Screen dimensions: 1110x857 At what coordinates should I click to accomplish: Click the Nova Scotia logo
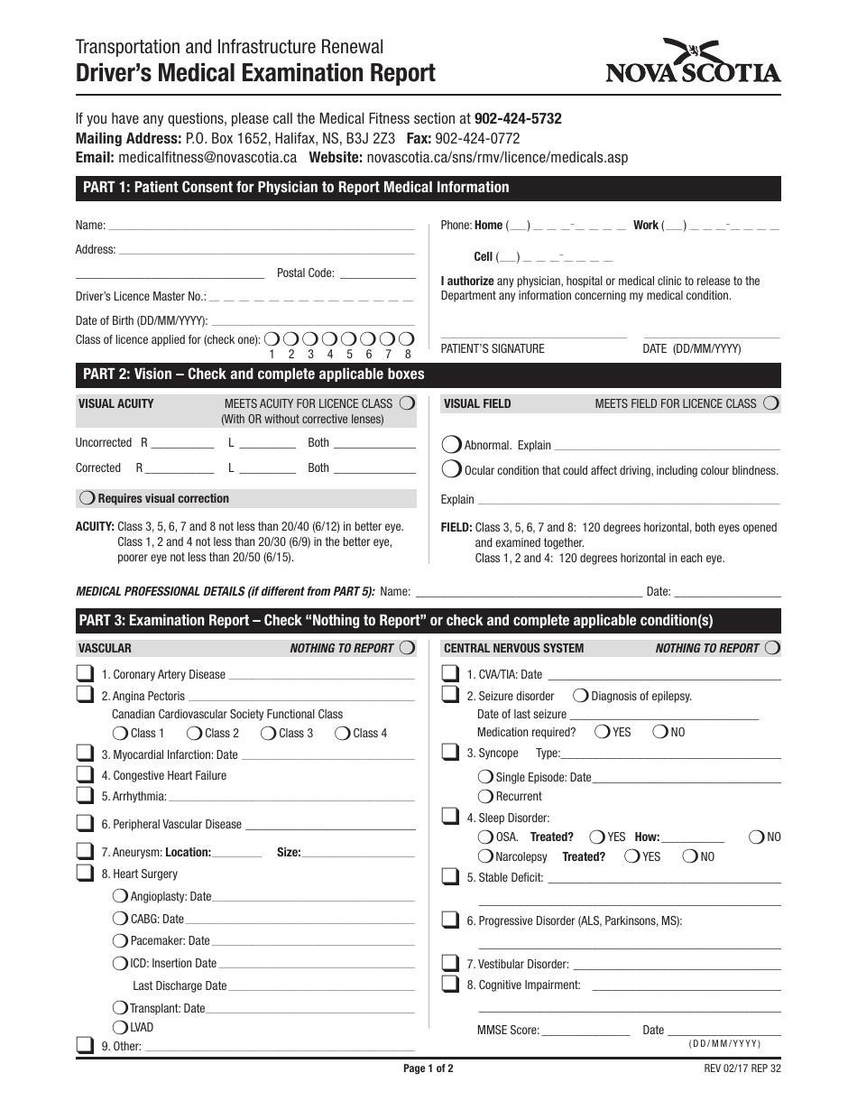pos(693,62)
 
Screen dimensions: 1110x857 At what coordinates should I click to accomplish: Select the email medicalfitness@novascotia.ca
pos(207,157)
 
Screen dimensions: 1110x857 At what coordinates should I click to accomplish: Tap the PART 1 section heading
pos(296,188)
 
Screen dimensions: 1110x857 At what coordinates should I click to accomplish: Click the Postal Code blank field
pos(378,274)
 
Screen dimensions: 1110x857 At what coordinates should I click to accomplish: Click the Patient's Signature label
pos(493,349)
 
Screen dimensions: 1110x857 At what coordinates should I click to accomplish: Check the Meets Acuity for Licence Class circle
pos(407,402)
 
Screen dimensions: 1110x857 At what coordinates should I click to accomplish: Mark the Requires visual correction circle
pos(88,498)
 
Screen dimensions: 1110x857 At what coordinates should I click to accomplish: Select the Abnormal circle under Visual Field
pos(451,444)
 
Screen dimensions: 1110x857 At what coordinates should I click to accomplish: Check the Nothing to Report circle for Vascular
pos(407,647)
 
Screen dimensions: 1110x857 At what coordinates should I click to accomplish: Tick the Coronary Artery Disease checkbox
pos(85,673)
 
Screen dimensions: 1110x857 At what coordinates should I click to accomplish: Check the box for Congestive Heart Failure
pos(85,774)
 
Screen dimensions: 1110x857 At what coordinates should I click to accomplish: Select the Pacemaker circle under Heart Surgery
pos(120,940)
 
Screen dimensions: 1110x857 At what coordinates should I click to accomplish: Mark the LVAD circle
pos(120,1027)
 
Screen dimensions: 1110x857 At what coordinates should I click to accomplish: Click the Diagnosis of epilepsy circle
pos(581,696)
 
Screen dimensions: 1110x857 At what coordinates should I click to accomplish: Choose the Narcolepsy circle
pos(485,856)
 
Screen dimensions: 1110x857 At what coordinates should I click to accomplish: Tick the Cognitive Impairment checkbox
pos(449,984)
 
